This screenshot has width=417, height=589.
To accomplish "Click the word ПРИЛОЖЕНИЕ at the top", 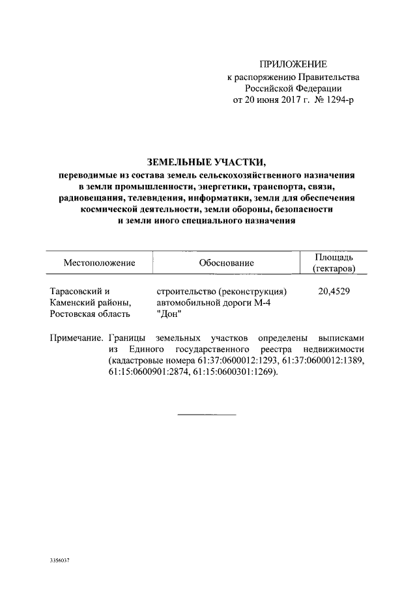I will click(293, 64).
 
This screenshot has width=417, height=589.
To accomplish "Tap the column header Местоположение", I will click(99, 263).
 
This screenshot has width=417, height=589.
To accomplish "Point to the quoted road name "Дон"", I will click(168, 314).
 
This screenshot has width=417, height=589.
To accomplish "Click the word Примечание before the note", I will click(76, 338).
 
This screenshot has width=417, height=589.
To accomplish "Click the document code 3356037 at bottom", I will click(60, 560).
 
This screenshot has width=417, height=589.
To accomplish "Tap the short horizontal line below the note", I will click(207, 415).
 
